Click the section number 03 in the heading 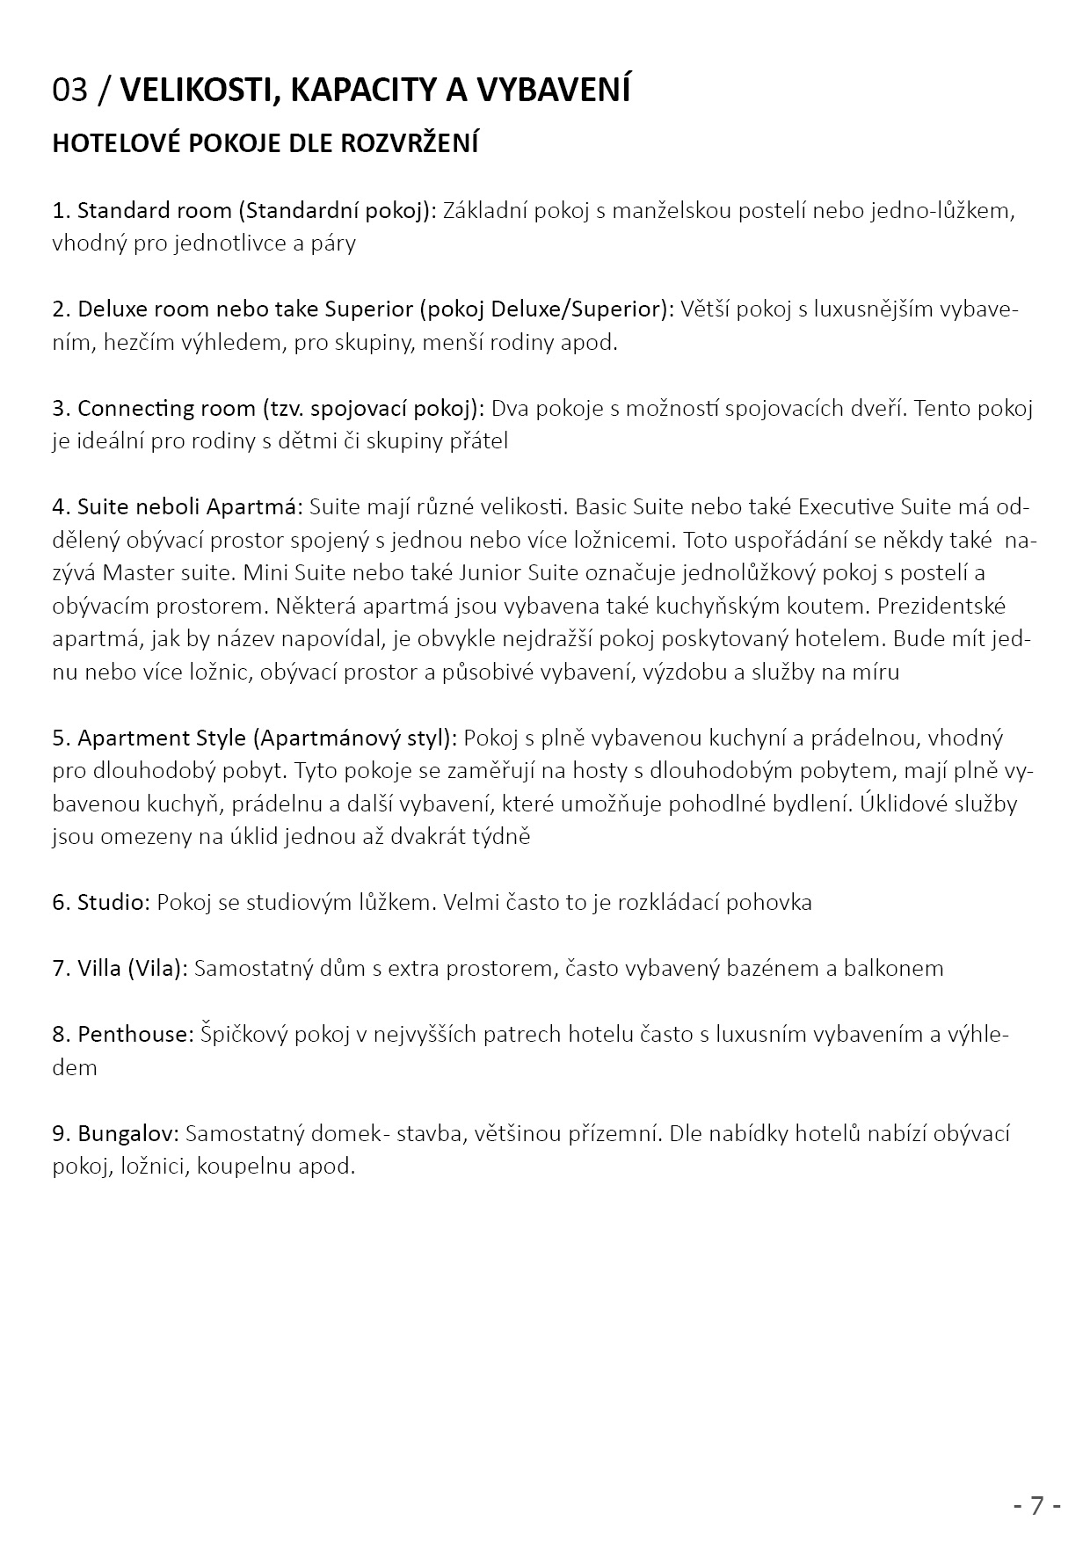click(70, 91)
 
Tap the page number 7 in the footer click(1037, 1505)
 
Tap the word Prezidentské click(941, 607)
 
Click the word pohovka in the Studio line click(768, 903)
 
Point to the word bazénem click(775, 969)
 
